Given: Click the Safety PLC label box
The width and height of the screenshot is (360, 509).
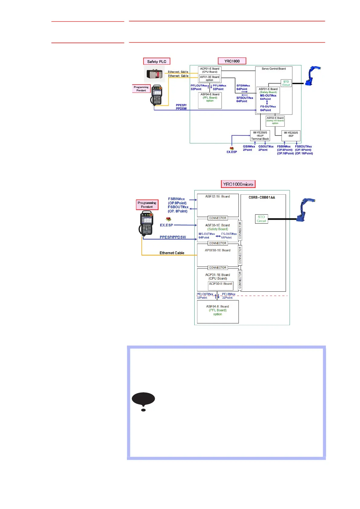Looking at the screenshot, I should point(157,61).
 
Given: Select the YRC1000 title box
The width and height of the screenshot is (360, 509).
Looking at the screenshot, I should point(232,61).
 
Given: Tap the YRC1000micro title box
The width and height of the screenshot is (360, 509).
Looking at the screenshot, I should point(238,184).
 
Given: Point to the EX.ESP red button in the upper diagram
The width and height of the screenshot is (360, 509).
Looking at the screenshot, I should point(232,148).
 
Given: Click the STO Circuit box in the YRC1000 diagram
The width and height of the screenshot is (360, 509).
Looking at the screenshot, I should point(286,83).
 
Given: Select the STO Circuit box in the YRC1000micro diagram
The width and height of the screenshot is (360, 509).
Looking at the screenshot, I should point(261,219).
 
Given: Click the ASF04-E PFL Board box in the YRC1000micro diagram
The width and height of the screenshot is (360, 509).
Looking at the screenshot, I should point(218,311).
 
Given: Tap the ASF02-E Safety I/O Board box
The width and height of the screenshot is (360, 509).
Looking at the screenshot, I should point(275,121).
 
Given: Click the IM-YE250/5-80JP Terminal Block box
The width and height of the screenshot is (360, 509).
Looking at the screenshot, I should point(260,136).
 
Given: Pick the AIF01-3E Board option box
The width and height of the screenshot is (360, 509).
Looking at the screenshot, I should point(209,79).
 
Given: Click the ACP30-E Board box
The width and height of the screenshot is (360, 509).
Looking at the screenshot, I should point(220,285).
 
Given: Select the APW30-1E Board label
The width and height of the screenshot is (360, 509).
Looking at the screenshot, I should point(218,250).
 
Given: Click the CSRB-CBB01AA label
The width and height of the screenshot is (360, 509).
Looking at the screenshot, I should point(262,197).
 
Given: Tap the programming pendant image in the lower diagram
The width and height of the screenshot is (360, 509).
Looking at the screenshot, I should point(147,223).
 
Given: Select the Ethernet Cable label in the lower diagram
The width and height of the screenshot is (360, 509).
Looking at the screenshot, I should point(172,253).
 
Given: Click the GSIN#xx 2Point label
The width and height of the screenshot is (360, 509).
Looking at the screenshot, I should point(248,148).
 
